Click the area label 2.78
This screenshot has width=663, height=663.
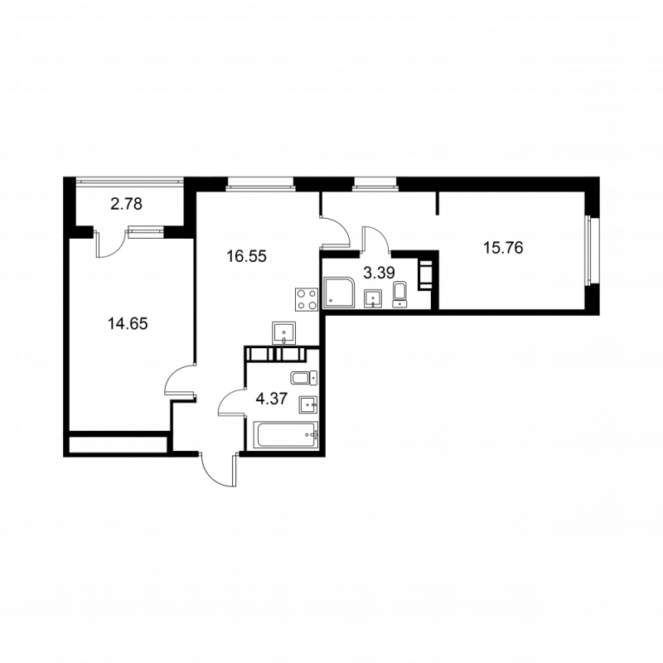coord(126,204)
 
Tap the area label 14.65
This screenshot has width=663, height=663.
coord(128,324)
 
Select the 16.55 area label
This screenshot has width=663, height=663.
coord(246,256)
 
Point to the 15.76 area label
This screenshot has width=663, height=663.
coord(503,248)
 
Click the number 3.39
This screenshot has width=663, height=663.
coord(380,273)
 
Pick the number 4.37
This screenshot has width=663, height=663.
coord(272,399)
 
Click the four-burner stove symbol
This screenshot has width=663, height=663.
coord(307,299)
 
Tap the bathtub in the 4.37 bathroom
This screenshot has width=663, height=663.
coord(286,434)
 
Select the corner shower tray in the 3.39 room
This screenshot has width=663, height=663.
coord(339,293)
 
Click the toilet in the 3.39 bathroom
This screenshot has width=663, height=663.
coord(399,294)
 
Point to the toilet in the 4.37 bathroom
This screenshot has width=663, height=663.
coord(304,378)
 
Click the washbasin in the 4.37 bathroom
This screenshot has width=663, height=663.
coord(308,405)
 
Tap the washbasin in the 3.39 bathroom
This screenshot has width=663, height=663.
coord(373,298)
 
